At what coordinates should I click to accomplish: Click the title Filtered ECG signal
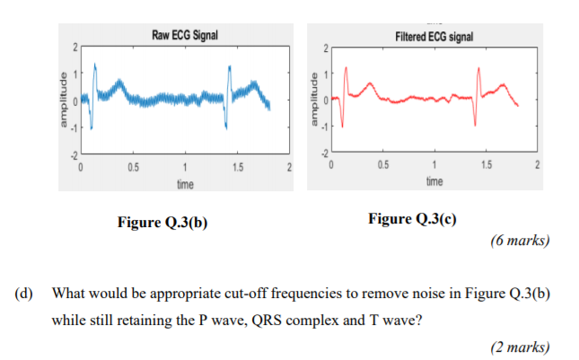(x=434, y=36)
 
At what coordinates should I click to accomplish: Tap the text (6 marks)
(x=521, y=241)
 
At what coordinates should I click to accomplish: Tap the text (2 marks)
(x=521, y=347)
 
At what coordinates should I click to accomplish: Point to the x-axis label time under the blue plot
(x=185, y=182)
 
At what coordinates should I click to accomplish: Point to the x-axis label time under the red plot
(x=434, y=182)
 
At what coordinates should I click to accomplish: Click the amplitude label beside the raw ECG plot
(x=61, y=101)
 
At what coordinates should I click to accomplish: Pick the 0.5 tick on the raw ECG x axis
(x=133, y=168)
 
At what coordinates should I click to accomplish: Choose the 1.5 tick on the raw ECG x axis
(x=237, y=168)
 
